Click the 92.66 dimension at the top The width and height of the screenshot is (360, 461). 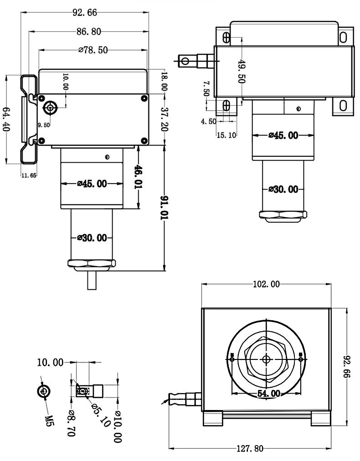click(x=85, y=13)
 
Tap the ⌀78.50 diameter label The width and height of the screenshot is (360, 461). click(x=93, y=50)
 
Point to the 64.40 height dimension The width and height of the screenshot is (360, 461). click(x=6, y=119)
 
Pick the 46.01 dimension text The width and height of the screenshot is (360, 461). click(x=138, y=177)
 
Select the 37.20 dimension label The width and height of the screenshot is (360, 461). click(x=165, y=119)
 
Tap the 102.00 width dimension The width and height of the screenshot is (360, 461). click(x=266, y=285)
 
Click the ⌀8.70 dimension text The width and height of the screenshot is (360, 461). click(x=71, y=424)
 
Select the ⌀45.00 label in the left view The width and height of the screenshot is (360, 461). click(x=92, y=184)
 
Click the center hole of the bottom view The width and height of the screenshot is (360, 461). click(x=266, y=359)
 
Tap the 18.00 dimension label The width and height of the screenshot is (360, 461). click(x=165, y=82)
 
